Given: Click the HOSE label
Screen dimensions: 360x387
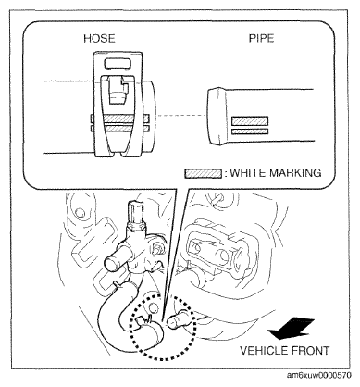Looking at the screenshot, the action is coord(99,38).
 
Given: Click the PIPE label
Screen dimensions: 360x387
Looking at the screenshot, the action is coord(261,38).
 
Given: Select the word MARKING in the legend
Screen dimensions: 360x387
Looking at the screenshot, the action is coord(295,172).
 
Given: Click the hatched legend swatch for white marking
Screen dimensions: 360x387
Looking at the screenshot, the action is coord(203,173).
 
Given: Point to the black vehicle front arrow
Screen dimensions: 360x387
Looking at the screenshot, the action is coord(291,329).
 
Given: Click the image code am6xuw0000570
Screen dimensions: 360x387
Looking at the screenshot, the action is coord(319,376).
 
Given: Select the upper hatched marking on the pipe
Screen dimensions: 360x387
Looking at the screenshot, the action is coord(250,120).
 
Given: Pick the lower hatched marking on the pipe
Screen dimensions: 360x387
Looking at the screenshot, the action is coord(250,131).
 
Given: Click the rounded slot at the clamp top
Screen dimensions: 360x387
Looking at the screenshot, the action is coord(118,63).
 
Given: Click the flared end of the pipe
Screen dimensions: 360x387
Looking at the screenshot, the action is coord(217,116).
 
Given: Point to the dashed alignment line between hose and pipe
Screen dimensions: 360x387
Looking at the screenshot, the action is coord(181,116).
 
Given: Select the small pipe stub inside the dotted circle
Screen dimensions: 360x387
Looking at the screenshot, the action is coord(177,319).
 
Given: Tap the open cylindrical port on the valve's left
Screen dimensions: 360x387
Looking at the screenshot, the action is coord(115,263).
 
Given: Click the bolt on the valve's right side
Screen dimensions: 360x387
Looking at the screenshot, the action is coord(158,249).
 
